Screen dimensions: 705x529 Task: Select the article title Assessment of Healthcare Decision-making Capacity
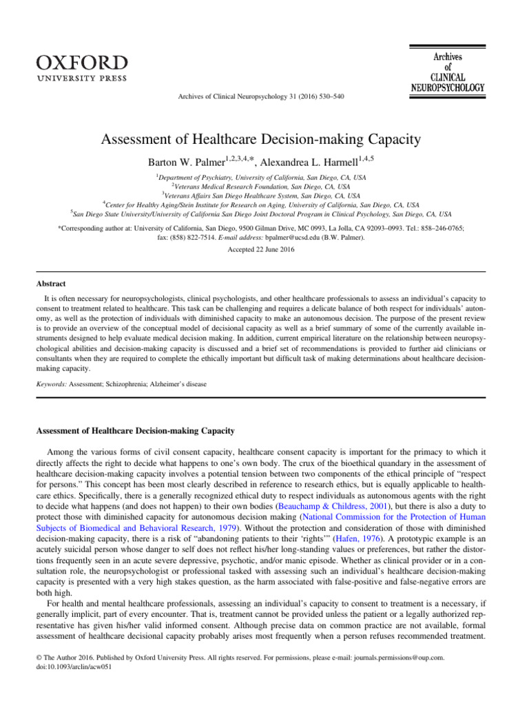[x=264, y=141]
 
